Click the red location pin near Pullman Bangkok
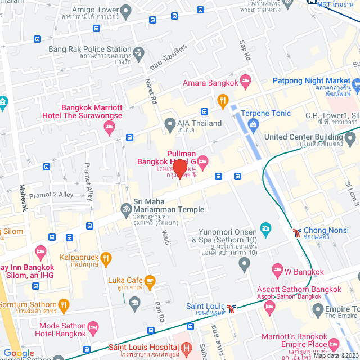coord(179,168)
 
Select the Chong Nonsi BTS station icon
coord(296,231)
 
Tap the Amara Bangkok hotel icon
coord(245,83)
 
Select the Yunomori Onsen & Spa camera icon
coord(265,228)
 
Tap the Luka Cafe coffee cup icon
coord(150,280)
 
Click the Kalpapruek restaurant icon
coord(106,257)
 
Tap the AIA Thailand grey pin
coord(169,123)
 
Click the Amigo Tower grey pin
coord(125,10)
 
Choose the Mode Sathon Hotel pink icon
coord(93,327)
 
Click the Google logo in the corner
coord(19,353)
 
